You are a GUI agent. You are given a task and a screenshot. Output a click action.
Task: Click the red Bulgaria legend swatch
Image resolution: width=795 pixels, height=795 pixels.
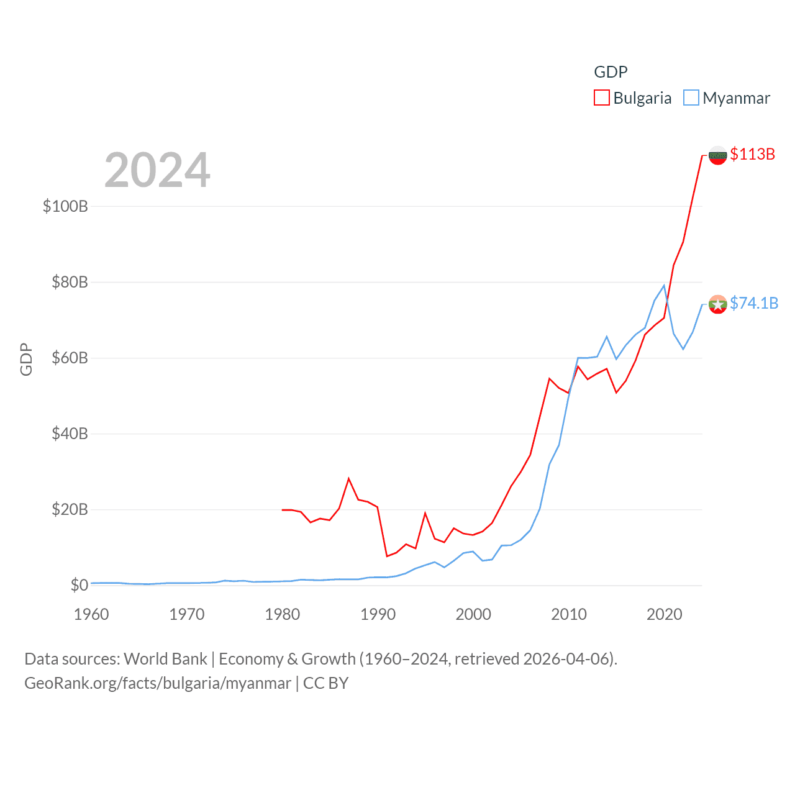(601, 98)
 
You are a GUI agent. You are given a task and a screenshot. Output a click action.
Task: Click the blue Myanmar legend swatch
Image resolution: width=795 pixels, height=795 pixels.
(691, 98)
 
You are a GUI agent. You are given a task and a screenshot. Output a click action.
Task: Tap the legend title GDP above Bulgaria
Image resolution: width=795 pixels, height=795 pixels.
(611, 72)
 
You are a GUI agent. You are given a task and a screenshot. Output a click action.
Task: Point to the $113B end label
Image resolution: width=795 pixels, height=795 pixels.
(752, 154)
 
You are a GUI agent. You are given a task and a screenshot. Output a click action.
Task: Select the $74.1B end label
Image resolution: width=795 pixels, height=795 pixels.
(753, 303)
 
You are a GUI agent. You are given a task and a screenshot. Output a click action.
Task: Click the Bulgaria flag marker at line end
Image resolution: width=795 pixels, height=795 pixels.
(718, 155)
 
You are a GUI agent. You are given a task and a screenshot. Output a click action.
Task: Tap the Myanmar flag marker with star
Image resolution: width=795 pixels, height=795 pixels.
(718, 304)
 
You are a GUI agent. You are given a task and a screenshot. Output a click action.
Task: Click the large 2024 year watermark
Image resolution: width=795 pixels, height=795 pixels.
(157, 170)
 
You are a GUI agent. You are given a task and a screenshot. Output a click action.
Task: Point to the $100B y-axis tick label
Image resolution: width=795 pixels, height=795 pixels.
(65, 206)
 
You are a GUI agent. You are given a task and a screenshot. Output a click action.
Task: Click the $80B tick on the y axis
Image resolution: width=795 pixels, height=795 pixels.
(70, 282)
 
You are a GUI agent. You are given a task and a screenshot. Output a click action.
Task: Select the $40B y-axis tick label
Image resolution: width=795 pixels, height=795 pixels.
(70, 434)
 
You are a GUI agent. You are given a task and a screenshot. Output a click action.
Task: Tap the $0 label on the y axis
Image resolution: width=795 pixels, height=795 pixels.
(79, 585)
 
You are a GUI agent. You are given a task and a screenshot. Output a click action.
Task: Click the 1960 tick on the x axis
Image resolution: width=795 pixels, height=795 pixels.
(91, 614)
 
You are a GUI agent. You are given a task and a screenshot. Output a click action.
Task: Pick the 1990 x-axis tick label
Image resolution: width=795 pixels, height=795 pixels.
(378, 614)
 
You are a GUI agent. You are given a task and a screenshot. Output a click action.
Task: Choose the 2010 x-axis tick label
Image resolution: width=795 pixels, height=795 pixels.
(569, 614)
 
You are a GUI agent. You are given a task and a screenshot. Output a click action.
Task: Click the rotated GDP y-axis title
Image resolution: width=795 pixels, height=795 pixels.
(26, 359)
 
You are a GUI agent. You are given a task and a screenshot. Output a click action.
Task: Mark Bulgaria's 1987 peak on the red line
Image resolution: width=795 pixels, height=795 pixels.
(349, 478)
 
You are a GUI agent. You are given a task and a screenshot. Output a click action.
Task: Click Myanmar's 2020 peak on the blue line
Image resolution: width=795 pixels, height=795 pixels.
(664, 286)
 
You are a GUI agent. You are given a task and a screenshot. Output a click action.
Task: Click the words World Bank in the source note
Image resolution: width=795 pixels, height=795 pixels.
(165, 658)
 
